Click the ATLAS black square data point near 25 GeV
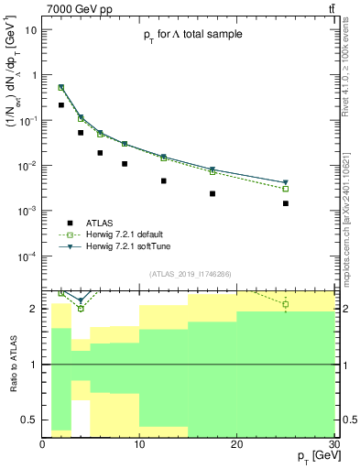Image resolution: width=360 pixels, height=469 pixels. pyautogui.click(x=286, y=203)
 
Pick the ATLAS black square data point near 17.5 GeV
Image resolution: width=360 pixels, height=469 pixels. pyautogui.click(x=213, y=193)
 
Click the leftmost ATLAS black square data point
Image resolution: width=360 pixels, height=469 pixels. pyautogui.click(x=61, y=105)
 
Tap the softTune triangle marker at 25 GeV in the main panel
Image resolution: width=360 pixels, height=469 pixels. pyautogui.click(x=286, y=182)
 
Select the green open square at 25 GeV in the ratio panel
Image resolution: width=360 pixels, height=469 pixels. pyautogui.click(x=286, y=304)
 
